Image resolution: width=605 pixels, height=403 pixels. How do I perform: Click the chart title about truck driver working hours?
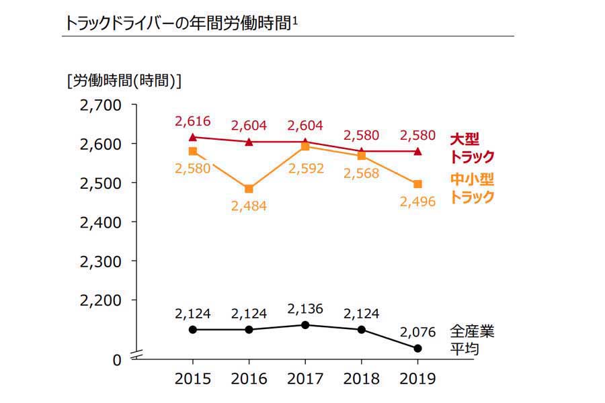[x=180, y=23]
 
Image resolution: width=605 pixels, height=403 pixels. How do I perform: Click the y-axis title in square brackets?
[x=124, y=81]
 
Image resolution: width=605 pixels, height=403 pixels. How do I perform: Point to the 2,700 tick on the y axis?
[x=100, y=105]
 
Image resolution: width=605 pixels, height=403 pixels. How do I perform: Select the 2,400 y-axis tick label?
[x=100, y=222]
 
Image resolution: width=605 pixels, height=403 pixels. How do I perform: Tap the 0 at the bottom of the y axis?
[x=116, y=360]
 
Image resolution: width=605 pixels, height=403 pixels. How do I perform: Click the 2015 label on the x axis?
[x=192, y=379]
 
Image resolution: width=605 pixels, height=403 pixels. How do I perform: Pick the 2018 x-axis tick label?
[x=361, y=379]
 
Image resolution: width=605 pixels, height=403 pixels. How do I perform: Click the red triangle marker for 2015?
[x=193, y=137]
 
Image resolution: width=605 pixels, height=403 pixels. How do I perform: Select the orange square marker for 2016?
[x=249, y=189]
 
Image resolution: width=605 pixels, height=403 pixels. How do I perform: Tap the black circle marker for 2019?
[x=417, y=348]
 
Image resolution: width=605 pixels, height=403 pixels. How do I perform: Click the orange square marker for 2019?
[x=417, y=184]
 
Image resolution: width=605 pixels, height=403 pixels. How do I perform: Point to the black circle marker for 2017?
[x=305, y=325]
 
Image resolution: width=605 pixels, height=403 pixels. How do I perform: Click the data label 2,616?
[x=193, y=122]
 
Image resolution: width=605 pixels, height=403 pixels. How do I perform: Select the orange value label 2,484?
[x=249, y=207]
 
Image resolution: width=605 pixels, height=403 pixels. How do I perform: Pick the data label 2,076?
[x=417, y=332]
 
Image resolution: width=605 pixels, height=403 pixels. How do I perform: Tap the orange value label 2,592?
[x=305, y=168]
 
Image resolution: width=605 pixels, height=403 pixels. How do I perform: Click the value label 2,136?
[x=305, y=309]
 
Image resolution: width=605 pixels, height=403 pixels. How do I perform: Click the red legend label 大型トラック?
[x=472, y=148]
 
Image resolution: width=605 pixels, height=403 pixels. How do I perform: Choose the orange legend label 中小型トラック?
[x=472, y=188]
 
